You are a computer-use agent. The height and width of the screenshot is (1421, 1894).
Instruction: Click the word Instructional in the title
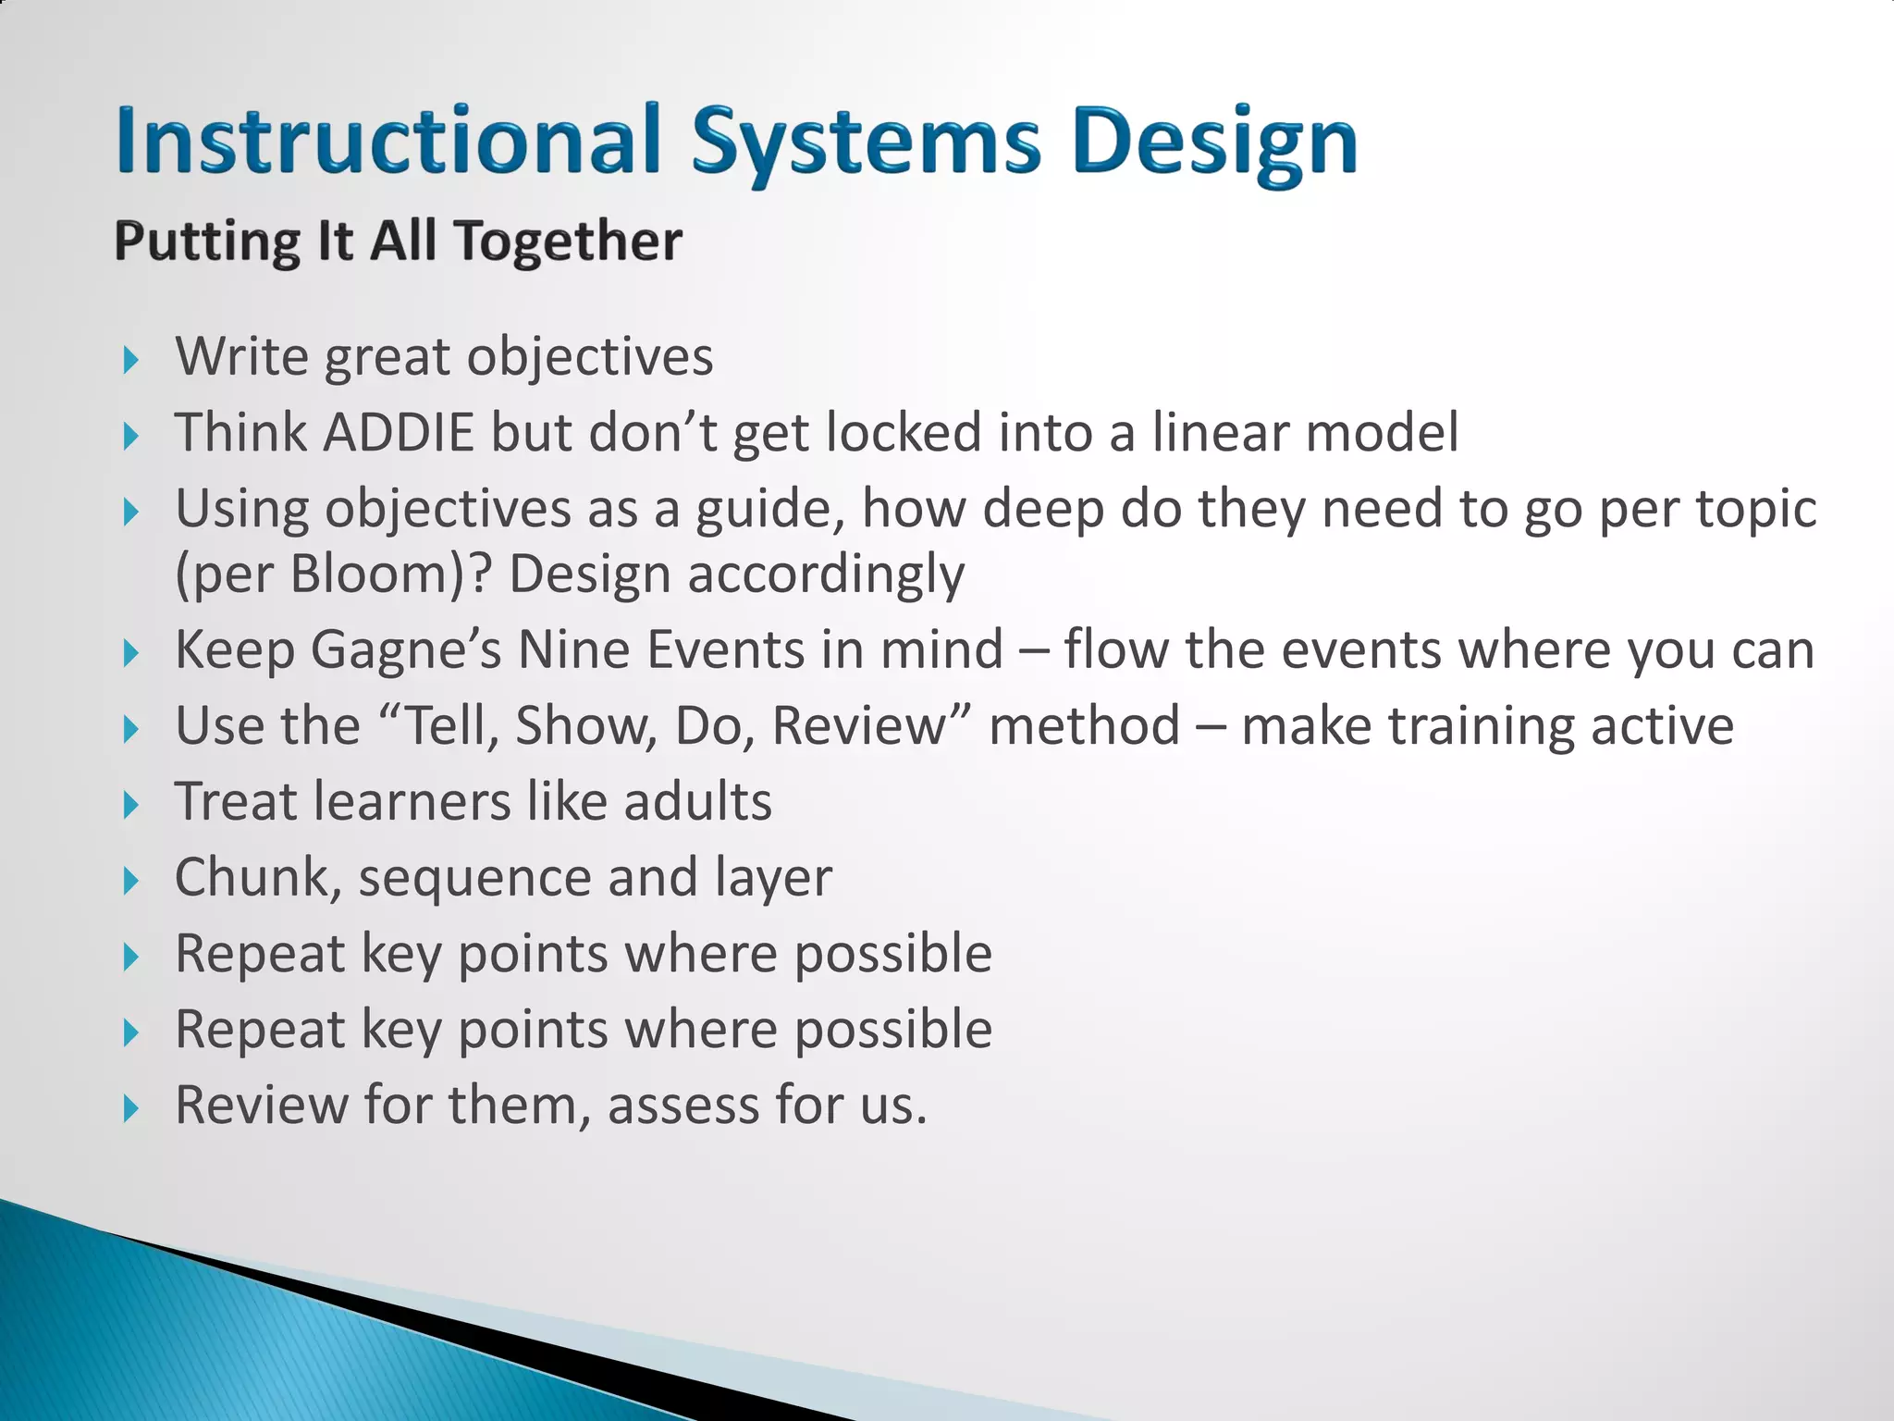pyautogui.click(x=388, y=141)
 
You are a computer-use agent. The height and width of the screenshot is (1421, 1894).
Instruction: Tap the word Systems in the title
pyautogui.click(x=865, y=143)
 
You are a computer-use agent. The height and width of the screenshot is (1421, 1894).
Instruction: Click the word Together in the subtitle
pyautogui.click(x=568, y=242)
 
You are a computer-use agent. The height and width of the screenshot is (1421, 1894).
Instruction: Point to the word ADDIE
pyautogui.click(x=399, y=433)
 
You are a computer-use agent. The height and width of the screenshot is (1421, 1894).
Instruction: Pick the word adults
pyautogui.click(x=697, y=802)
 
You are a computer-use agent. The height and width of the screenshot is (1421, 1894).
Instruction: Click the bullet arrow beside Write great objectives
pyautogui.click(x=130, y=360)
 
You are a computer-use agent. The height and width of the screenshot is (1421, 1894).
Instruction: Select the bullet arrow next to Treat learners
pyautogui.click(x=130, y=805)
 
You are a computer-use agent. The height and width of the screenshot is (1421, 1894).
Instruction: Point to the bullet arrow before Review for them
pyautogui.click(x=130, y=1108)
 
